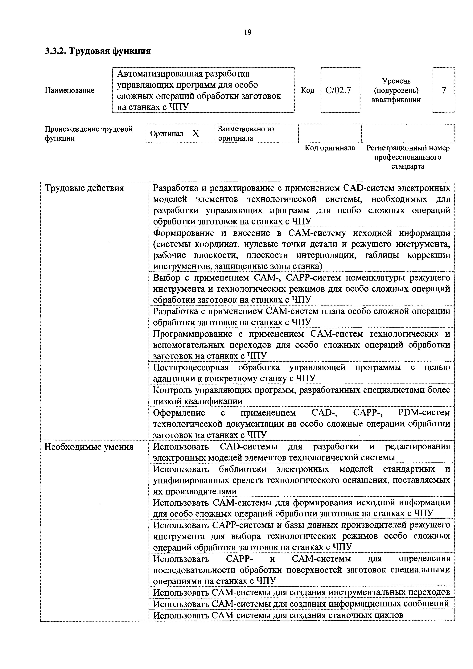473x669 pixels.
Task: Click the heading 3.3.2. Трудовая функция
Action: click(98, 51)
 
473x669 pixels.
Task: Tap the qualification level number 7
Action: click(444, 90)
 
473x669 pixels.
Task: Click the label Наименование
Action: click(69, 90)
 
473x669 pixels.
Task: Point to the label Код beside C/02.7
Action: click(307, 90)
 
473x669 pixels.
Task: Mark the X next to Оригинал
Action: click(195, 133)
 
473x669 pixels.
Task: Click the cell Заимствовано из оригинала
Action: click(246, 133)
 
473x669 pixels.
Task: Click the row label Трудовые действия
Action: click(84, 188)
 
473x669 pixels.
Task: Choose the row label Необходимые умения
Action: click(89, 447)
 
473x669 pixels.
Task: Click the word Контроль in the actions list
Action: click(173, 390)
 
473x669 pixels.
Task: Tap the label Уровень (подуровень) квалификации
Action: click(396, 90)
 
